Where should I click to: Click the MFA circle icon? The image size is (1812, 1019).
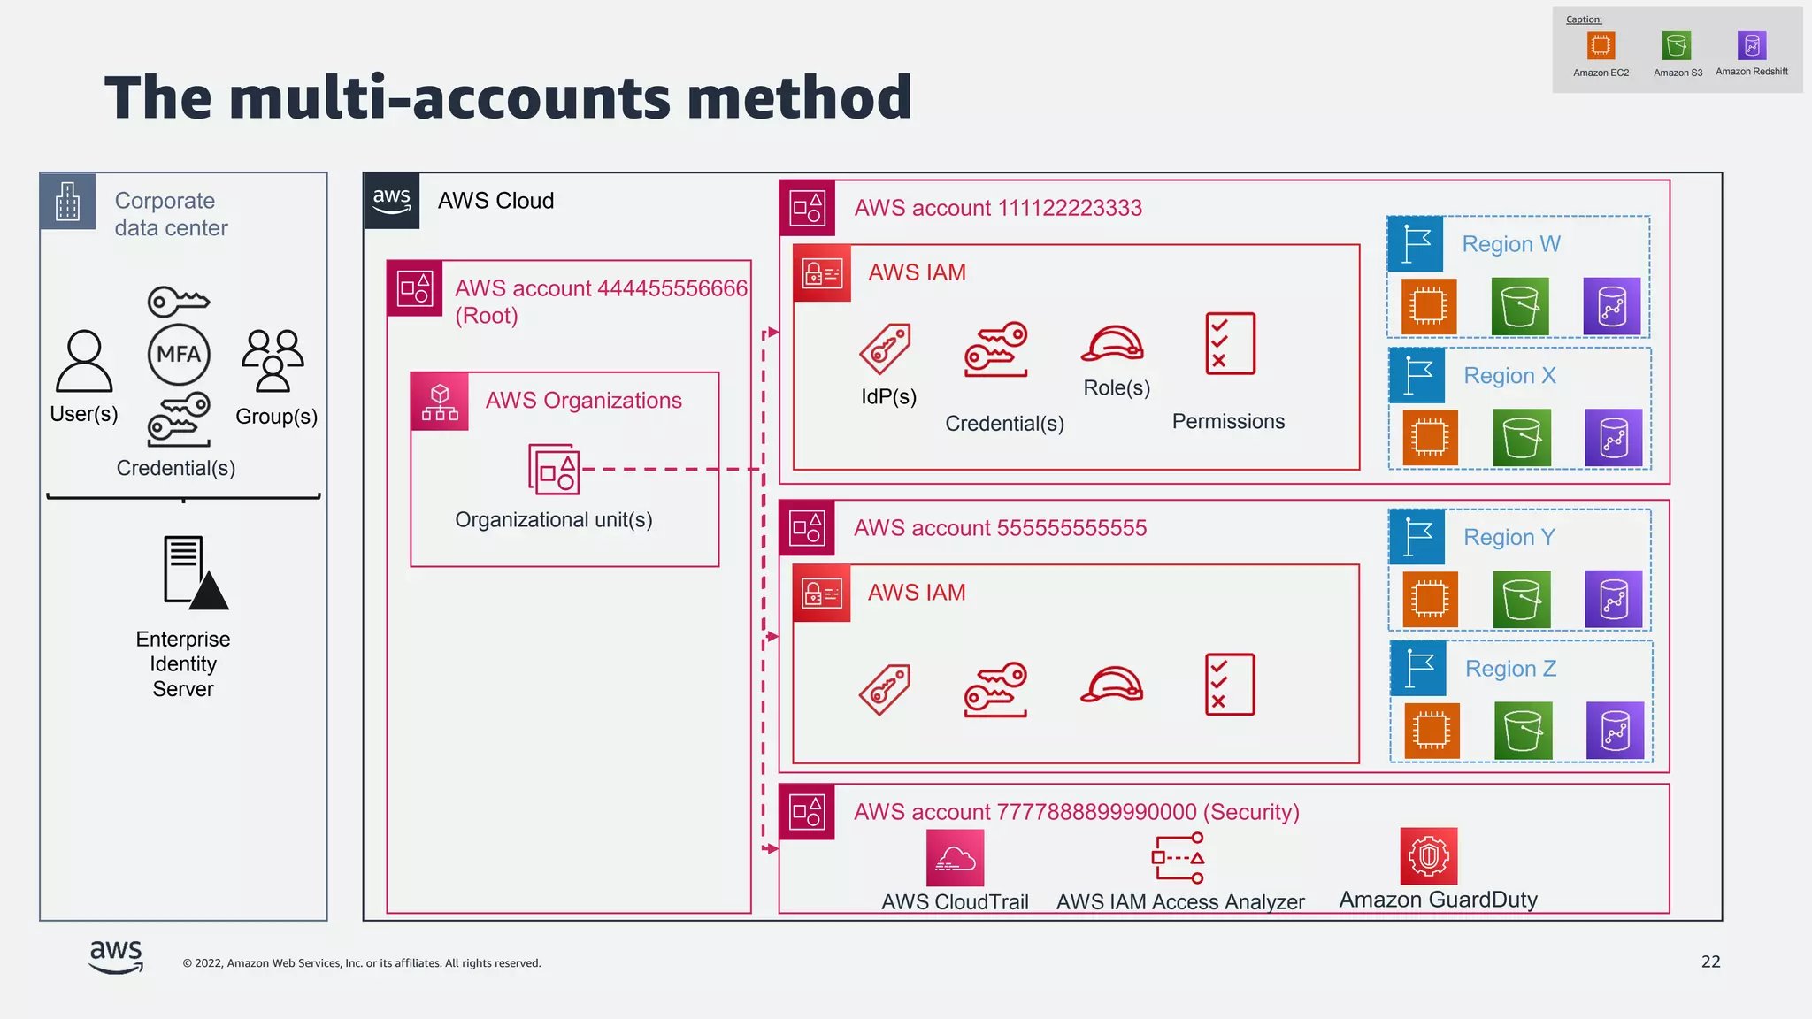pos(179,355)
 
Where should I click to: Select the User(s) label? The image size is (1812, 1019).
pos(84,414)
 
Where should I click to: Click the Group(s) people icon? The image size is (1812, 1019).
pos(273,360)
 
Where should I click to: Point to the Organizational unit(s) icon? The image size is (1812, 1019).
pos(554,469)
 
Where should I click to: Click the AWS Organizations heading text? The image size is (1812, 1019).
pos(583,401)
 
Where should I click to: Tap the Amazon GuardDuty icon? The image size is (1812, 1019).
pos(1428,856)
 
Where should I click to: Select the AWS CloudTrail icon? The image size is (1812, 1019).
pos(955,858)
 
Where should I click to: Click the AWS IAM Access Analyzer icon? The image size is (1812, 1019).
pos(1178,858)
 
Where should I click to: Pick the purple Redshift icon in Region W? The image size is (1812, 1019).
pos(1611,307)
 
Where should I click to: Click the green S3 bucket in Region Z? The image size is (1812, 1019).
pos(1523,731)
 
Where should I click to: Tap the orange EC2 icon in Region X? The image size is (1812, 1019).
pos(1430,438)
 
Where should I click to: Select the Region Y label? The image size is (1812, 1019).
pos(1509,538)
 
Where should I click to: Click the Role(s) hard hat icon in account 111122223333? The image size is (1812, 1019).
pos(1112,344)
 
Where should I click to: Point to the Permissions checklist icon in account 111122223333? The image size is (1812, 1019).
pos(1230,343)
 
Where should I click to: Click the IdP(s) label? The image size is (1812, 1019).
pos(888,397)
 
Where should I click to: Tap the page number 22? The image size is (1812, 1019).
pos(1710,962)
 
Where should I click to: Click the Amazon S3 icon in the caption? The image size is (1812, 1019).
pos(1677,45)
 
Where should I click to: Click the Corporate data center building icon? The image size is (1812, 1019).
pos(67,202)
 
